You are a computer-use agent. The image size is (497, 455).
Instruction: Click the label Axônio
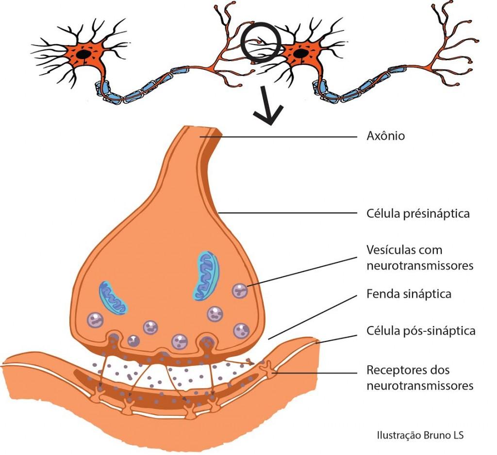(x=385, y=136)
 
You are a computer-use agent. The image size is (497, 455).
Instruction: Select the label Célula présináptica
(x=417, y=213)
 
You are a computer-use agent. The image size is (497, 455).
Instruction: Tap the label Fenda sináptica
(x=409, y=294)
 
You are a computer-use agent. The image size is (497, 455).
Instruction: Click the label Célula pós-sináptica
(x=420, y=331)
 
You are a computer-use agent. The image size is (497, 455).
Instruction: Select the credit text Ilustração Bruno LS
(x=420, y=435)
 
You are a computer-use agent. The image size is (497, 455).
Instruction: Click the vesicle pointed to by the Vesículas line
(x=240, y=291)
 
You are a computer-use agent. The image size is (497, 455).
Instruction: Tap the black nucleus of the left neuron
(x=84, y=54)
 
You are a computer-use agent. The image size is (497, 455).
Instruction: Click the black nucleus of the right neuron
(x=300, y=52)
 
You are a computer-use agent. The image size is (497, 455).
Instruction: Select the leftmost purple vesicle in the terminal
(x=95, y=320)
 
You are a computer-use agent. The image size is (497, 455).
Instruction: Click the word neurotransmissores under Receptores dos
(x=419, y=386)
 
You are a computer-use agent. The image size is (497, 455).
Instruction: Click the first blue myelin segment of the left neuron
(x=104, y=90)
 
